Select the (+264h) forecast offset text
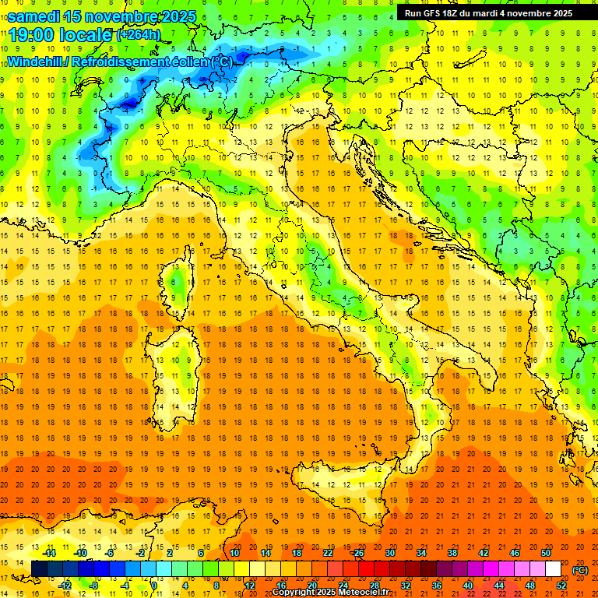tap(139, 34)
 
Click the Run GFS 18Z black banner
tap(489, 12)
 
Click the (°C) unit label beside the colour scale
tap(579, 569)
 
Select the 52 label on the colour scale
tap(561, 584)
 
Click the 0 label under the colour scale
tap(153, 584)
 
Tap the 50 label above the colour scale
tap(545, 553)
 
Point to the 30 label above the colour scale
tap(389, 553)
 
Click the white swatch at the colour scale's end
tap(553, 568)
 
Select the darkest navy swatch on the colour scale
tap(39, 568)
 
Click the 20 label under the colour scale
tap(311, 584)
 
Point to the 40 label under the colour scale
tap(467, 584)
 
